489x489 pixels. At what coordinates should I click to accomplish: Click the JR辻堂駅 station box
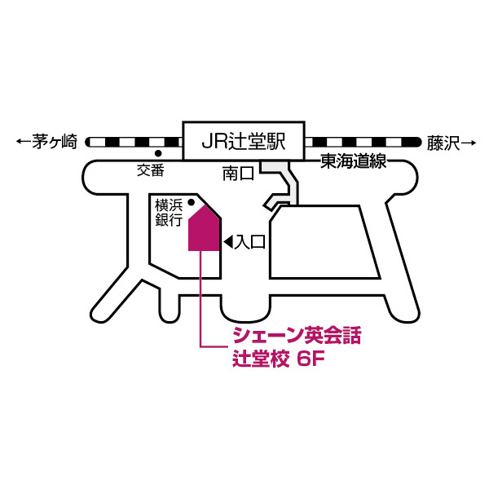244,141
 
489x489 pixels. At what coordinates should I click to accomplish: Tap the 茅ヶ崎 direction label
55,142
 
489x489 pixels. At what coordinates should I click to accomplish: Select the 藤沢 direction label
443,143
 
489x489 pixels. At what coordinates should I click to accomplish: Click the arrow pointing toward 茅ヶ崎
24,142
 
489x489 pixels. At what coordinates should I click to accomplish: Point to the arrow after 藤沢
469,143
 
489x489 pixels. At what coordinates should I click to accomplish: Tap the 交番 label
151,170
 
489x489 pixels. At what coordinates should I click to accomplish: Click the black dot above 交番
158,153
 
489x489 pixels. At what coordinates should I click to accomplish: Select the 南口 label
238,174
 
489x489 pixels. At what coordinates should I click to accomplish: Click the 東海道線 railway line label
354,161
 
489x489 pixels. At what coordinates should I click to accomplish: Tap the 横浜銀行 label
169,213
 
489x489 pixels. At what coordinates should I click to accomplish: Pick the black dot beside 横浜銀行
192,203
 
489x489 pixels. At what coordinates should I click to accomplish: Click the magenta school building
204,228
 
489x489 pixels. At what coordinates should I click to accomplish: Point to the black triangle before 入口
228,242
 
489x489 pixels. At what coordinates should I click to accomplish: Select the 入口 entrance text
250,242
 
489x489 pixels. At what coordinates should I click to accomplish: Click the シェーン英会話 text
297,336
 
